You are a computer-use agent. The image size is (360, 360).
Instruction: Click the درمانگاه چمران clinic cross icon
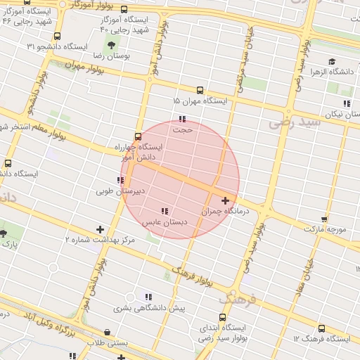point(225,201)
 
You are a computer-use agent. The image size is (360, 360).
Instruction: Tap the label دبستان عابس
point(165,221)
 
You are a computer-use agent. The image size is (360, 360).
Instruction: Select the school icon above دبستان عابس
point(165,211)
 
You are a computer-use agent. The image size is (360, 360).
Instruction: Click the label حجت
point(182,129)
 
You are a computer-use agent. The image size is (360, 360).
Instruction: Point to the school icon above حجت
point(182,119)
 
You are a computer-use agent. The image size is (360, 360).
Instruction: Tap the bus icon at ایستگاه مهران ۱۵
point(200,91)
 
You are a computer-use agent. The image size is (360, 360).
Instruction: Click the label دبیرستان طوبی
point(120,191)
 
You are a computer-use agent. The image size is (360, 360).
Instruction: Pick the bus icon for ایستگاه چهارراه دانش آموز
point(136,137)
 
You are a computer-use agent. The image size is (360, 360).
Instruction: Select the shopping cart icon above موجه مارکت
point(323,219)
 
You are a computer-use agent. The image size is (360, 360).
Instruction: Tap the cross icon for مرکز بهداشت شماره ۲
point(100,229)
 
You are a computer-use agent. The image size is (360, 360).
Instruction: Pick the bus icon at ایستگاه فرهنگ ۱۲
point(321,328)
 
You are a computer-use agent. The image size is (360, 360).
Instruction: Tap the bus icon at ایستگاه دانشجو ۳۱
point(56,35)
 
